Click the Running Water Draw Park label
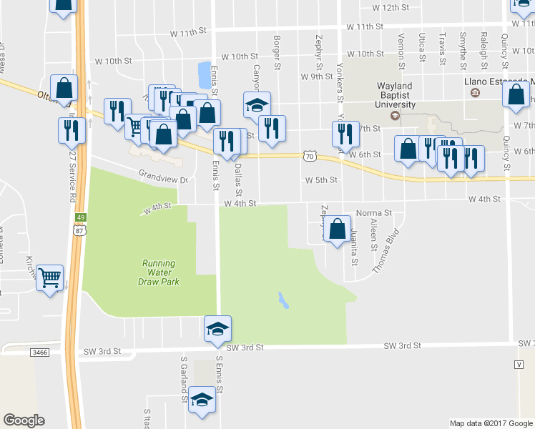(159, 272)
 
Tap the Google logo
(24, 420)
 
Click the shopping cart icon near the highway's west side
(49, 277)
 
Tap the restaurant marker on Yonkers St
(345, 134)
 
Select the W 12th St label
(390, 7)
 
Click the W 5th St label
(320, 180)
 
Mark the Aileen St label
(373, 235)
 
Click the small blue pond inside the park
(284, 300)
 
